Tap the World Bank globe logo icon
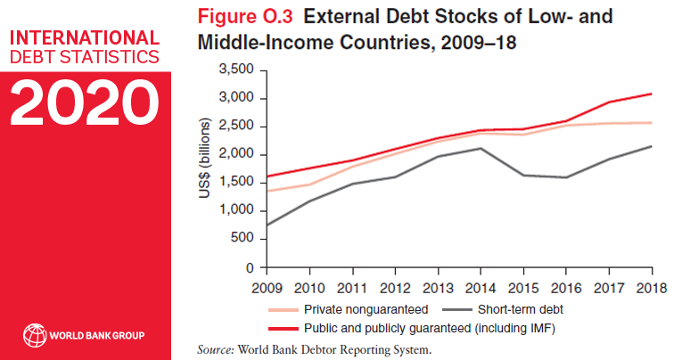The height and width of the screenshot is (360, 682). [33, 335]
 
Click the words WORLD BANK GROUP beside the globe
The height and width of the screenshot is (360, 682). [98, 336]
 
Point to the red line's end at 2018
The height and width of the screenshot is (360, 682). [653, 94]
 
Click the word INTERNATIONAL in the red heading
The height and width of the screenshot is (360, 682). [85, 38]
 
